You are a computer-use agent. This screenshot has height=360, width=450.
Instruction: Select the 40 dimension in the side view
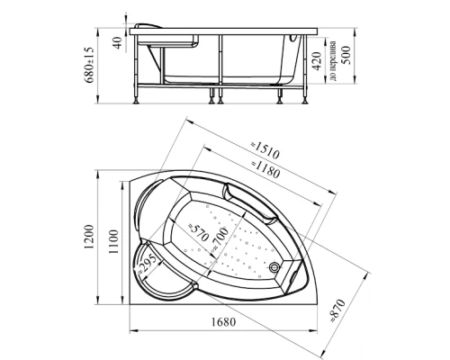(x=116, y=42)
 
